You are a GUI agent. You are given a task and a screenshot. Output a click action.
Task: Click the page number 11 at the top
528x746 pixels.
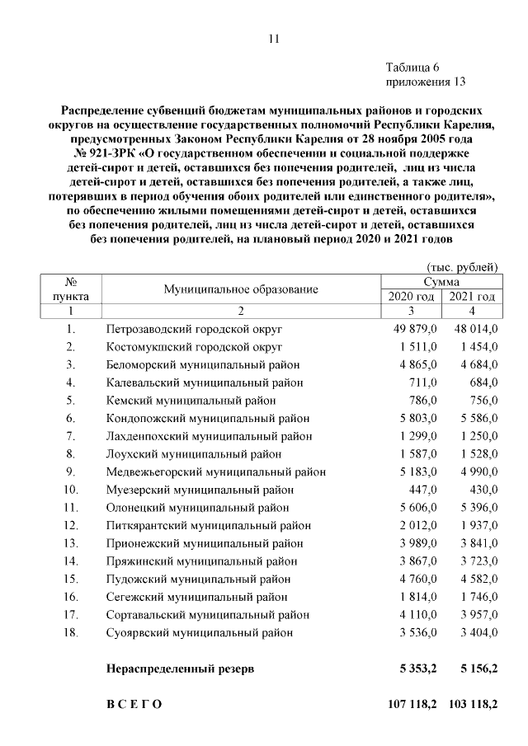(x=274, y=38)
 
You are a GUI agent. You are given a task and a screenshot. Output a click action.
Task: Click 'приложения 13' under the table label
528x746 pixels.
(x=426, y=82)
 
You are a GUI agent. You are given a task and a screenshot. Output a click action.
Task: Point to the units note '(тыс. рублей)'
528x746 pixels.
(x=462, y=267)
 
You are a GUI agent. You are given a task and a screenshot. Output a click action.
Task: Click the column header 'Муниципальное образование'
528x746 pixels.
(x=240, y=289)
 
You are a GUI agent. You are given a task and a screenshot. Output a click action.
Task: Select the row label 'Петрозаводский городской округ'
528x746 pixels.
(x=194, y=329)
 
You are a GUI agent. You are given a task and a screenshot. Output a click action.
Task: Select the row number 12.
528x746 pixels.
(x=71, y=525)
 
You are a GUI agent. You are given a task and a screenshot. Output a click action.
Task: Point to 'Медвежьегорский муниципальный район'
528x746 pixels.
(x=215, y=472)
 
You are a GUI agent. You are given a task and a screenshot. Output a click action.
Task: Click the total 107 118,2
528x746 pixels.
(x=412, y=705)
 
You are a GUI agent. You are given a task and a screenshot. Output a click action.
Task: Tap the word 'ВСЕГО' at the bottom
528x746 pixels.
(x=134, y=705)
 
